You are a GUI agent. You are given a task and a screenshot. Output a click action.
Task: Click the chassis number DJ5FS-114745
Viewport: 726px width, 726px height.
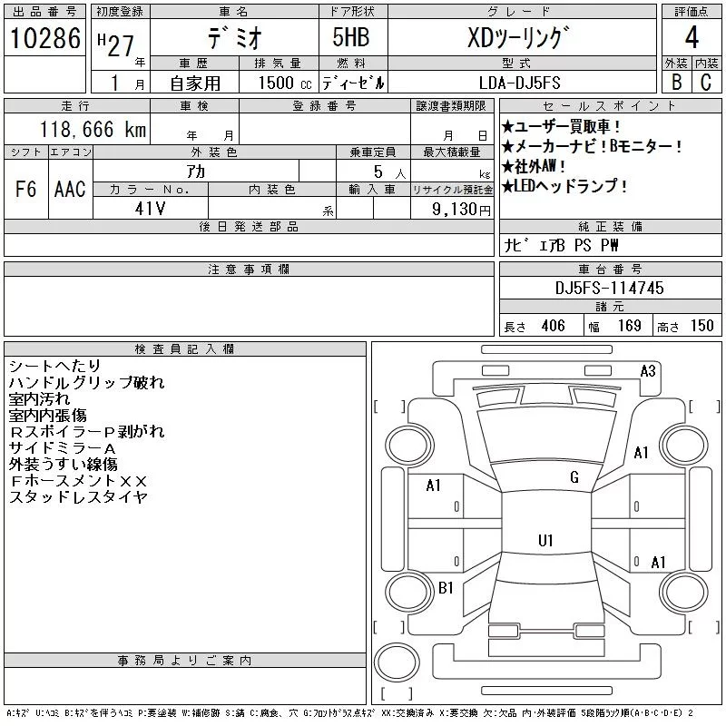tap(610, 288)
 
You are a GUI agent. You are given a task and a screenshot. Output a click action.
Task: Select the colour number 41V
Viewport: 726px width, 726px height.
tap(150, 208)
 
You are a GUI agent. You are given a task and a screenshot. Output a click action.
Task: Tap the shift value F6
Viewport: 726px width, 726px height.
tap(26, 189)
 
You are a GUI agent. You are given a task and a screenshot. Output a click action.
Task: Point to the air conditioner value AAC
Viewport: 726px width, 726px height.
tap(70, 189)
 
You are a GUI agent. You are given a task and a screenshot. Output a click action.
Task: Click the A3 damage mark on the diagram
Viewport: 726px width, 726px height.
tap(648, 370)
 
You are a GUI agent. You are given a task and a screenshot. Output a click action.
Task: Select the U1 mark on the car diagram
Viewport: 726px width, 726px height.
tap(545, 541)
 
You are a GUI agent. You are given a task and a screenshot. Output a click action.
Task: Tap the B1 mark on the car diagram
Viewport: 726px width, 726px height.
tap(446, 588)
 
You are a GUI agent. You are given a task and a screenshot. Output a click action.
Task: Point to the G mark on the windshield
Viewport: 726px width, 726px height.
tap(574, 477)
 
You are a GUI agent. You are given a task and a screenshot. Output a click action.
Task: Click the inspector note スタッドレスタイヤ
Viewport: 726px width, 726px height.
tap(78, 497)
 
